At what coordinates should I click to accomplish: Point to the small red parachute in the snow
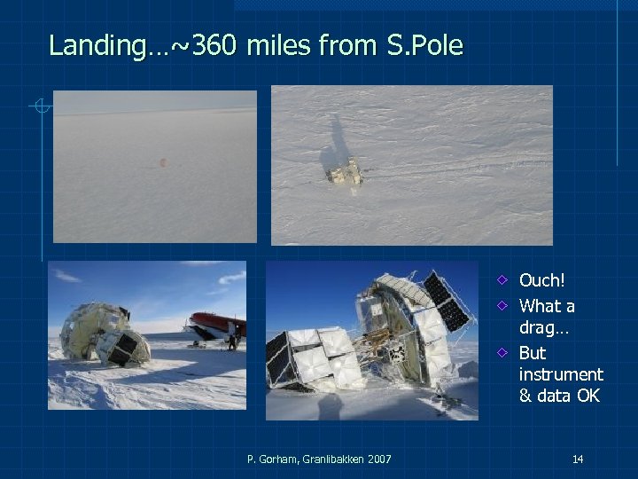pos(161,162)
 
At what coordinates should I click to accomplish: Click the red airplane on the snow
pos(216,324)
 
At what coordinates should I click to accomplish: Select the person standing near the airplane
pos(231,335)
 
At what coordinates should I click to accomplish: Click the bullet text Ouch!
pos(541,281)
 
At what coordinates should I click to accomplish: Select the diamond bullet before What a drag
pos(502,306)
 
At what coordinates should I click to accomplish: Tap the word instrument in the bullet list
pos(560,374)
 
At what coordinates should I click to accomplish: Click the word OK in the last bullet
pos(587,396)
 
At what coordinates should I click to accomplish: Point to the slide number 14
pos(577,459)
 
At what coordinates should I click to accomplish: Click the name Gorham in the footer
pos(276,459)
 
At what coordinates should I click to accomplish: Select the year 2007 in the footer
pos(377,459)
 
